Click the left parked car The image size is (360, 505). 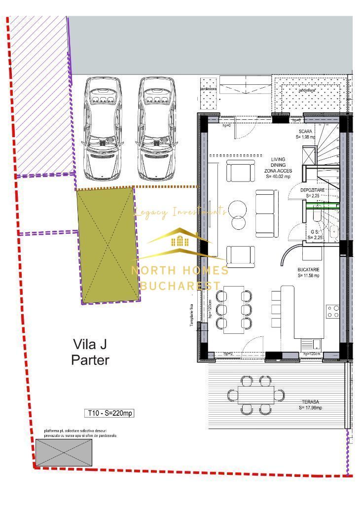pos(103,128)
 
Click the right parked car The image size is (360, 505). pos(157,128)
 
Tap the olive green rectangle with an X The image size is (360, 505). pos(108,245)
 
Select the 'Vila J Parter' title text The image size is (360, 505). pos(90,352)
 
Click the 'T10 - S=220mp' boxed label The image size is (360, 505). pos(109,413)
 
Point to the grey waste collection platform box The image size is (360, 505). pos(64,452)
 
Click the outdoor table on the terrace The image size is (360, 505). pos(256,395)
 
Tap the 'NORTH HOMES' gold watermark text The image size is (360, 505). pos(180,270)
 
